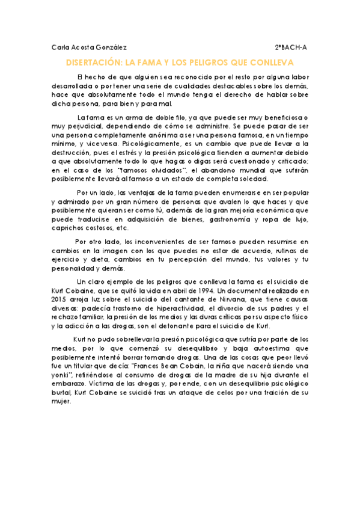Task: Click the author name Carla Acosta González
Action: click(x=89, y=47)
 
